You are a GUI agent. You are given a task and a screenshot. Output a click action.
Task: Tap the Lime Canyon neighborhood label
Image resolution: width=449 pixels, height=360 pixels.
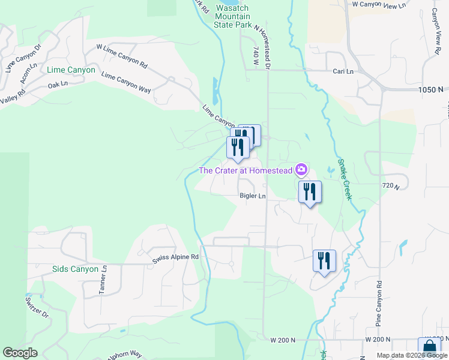[71, 70]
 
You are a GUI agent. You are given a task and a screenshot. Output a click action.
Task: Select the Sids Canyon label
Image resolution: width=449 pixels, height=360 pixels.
[75, 269]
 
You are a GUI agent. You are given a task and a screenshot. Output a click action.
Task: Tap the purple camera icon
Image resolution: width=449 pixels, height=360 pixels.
[301, 170]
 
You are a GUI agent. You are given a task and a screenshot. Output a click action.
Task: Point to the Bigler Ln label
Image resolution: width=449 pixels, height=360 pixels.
[252, 196]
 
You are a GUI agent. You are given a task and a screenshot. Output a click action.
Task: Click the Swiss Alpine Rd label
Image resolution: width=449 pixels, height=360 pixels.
[175, 257]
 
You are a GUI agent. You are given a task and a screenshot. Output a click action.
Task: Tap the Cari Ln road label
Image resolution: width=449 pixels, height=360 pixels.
[343, 71]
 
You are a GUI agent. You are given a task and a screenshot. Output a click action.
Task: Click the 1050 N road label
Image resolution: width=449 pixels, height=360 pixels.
[432, 89]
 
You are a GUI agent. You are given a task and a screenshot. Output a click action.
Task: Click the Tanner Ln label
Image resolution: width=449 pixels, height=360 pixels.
[103, 280]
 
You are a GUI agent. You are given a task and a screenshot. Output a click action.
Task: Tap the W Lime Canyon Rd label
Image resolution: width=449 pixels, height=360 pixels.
[122, 55]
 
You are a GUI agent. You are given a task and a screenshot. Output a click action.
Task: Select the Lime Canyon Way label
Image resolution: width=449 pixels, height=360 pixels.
[126, 83]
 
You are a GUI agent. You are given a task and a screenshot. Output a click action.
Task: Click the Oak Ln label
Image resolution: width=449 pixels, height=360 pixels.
[57, 85]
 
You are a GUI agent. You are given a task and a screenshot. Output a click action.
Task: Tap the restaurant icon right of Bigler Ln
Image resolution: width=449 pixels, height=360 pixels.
[310, 192]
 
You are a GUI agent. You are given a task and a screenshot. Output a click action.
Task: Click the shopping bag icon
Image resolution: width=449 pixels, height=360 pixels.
[429, 348]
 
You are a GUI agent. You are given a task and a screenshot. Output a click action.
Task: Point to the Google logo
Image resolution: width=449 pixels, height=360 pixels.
[20, 353]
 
